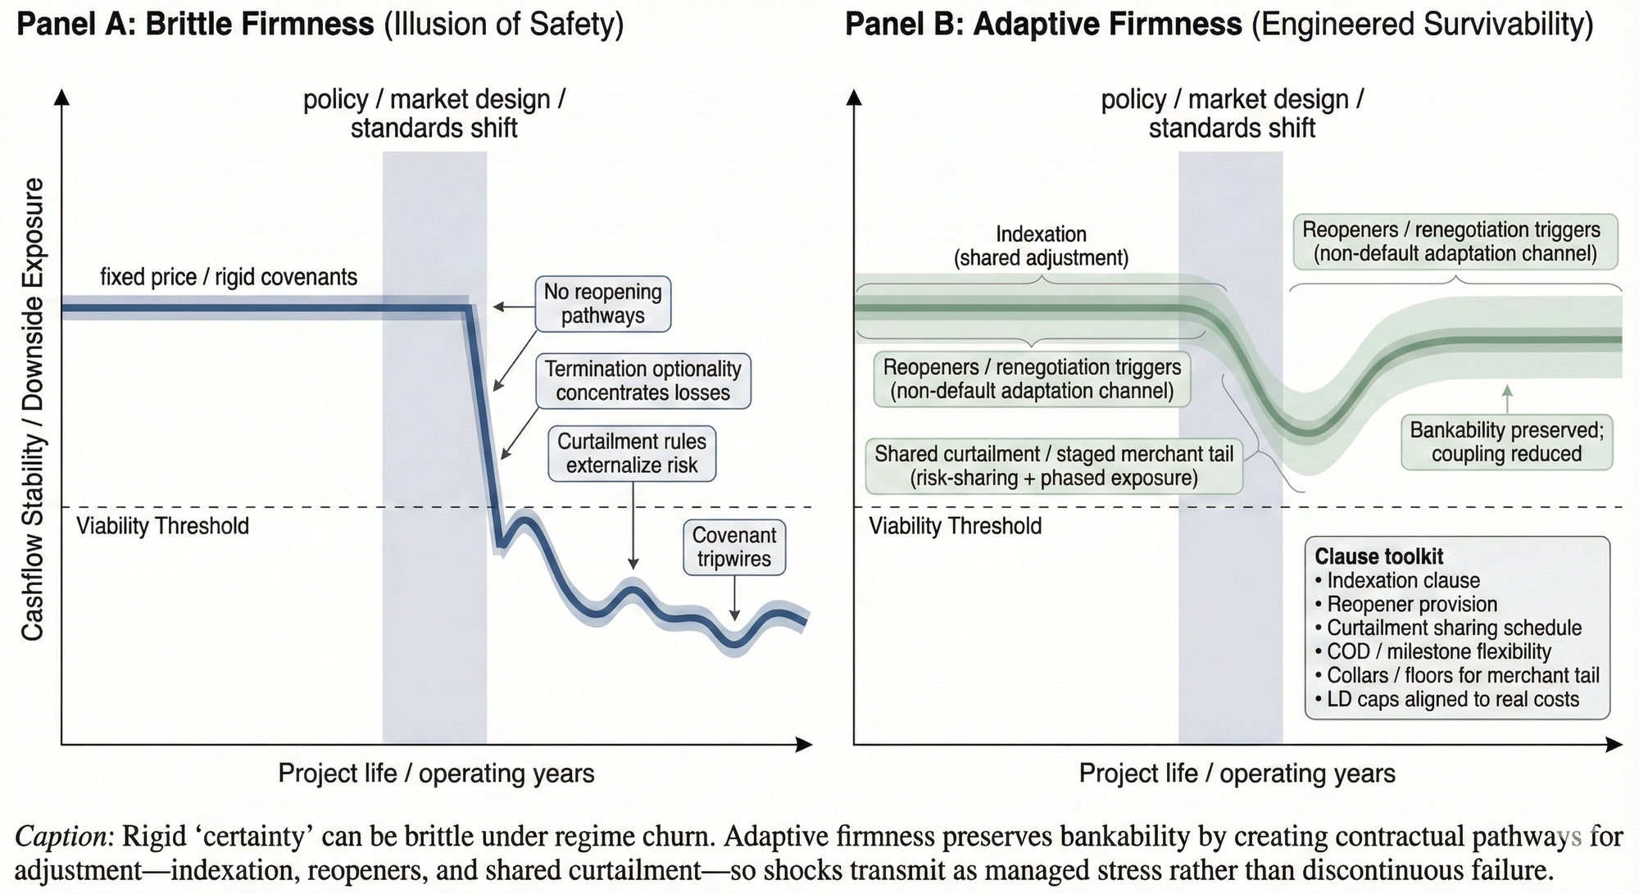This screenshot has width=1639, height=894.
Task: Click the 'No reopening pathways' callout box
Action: pyautogui.click(x=602, y=304)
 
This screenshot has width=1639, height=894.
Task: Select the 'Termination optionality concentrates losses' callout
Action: pyautogui.click(x=642, y=381)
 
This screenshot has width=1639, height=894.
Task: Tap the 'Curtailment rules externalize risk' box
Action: pyautogui.click(x=632, y=453)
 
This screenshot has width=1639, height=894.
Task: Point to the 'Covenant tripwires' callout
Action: pyautogui.click(x=733, y=547)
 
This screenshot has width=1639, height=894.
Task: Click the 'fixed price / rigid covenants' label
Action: pyautogui.click(x=229, y=277)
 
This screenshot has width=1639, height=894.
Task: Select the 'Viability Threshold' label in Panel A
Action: pyautogui.click(x=162, y=526)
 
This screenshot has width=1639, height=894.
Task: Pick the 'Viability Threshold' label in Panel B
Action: pyautogui.click(x=955, y=526)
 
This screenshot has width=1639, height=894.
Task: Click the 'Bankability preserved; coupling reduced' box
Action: pyautogui.click(x=1506, y=442)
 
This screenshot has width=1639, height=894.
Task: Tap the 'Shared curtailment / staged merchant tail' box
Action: pyautogui.click(x=1054, y=465)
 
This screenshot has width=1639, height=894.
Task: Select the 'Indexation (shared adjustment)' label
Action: pyautogui.click(x=1041, y=246)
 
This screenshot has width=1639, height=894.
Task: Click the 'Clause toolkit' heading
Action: pyautogui.click(x=1378, y=556)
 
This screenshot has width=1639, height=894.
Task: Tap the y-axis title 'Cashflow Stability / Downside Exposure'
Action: pyautogui.click(x=32, y=410)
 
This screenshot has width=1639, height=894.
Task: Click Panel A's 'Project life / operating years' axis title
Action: pyautogui.click(x=436, y=773)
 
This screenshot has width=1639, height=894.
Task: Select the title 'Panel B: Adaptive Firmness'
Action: pyautogui.click(x=1043, y=25)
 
